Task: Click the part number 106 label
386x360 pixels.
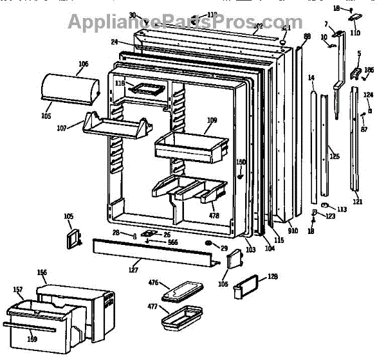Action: [83, 64]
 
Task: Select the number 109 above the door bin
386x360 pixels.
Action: [212, 120]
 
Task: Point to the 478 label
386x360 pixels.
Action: [214, 215]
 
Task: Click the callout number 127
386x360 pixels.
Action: [133, 270]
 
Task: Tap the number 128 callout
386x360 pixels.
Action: [272, 277]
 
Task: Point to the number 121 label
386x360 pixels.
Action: [358, 201]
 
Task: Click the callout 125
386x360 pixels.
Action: [335, 156]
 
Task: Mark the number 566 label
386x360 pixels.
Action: [172, 242]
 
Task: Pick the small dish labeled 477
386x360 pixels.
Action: [181, 318]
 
